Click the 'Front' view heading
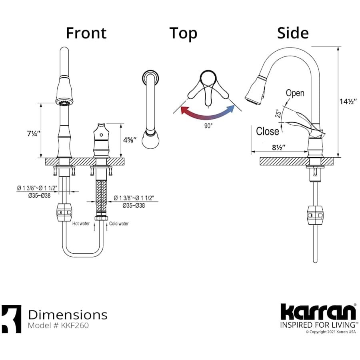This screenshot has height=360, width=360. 86,33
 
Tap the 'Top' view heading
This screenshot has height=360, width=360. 183,34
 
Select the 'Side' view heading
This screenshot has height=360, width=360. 293,33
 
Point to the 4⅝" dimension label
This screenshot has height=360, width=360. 130,140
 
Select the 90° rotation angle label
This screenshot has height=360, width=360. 208,125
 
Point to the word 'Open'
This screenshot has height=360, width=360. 295,93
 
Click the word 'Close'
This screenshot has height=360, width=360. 268,131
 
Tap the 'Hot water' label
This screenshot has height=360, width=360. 81,224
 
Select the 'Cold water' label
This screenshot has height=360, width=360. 119,224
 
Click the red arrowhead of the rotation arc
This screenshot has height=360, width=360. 184,110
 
